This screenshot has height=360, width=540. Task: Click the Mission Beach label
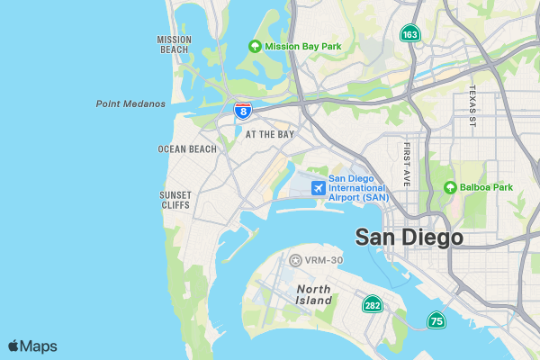click(174, 44)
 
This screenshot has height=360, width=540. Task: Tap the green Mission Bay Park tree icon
click(256, 47)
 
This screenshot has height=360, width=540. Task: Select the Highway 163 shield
click(410, 34)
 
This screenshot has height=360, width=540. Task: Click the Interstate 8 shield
click(242, 110)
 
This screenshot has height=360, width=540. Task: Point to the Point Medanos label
click(130, 103)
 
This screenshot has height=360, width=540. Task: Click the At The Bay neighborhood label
click(270, 134)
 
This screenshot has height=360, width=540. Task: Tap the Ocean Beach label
click(187, 149)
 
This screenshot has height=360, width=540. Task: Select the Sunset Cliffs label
click(175, 200)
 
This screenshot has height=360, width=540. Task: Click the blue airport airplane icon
click(317, 187)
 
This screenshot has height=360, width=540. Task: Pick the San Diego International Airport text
click(360, 187)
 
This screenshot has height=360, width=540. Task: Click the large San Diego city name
click(409, 238)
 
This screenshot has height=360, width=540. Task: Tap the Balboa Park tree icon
click(450, 187)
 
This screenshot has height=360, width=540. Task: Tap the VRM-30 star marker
click(295, 260)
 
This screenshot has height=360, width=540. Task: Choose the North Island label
click(313, 295)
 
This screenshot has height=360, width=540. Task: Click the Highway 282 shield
click(371, 305)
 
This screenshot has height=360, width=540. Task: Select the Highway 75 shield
click(436, 320)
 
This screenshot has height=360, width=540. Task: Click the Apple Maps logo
click(32, 346)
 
